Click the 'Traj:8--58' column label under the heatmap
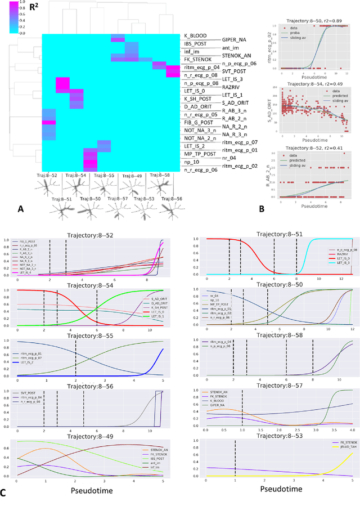pos(160,176)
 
